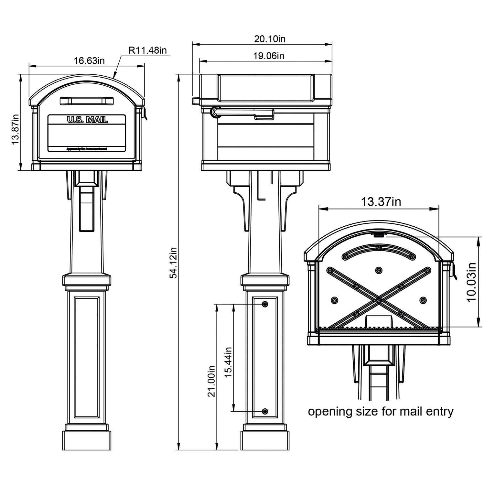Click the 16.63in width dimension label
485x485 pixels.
coord(89,60)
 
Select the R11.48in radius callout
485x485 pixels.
coord(147,50)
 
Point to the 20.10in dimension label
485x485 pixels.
coord(270,39)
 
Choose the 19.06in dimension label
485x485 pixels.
coord(268,56)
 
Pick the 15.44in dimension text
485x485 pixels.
coord(228,362)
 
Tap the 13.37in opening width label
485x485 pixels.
coord(381,202)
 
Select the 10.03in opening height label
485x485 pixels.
coord(471,282)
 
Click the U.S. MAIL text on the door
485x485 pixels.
coord(87,120)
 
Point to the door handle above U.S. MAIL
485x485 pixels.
coord(87,101)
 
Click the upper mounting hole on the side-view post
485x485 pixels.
coord(265,304)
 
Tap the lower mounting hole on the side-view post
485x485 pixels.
coord(265,411)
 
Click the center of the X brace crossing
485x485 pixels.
coord(378,300)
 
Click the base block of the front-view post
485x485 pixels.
coord(87,440)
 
